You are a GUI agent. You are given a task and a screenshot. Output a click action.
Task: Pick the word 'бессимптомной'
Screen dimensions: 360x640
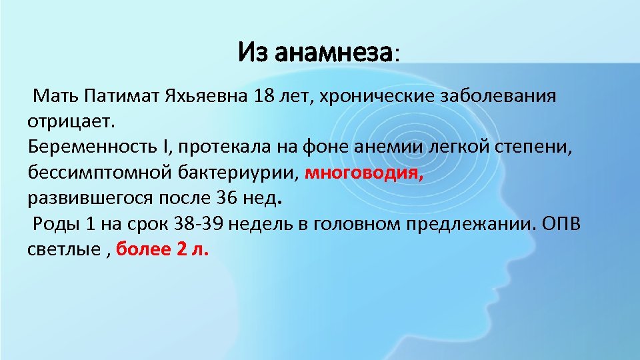94,173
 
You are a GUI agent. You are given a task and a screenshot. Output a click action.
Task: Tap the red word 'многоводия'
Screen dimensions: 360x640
364,173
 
